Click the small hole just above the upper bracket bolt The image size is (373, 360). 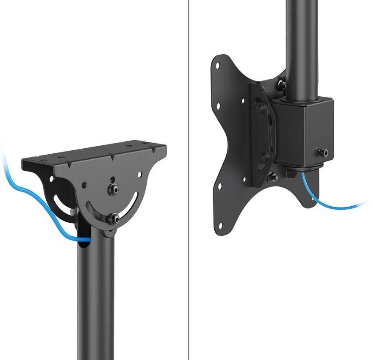[x=113, y=180]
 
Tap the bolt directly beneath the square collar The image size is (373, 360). [x=272, y=178]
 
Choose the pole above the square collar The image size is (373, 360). [x=301, y=44]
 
